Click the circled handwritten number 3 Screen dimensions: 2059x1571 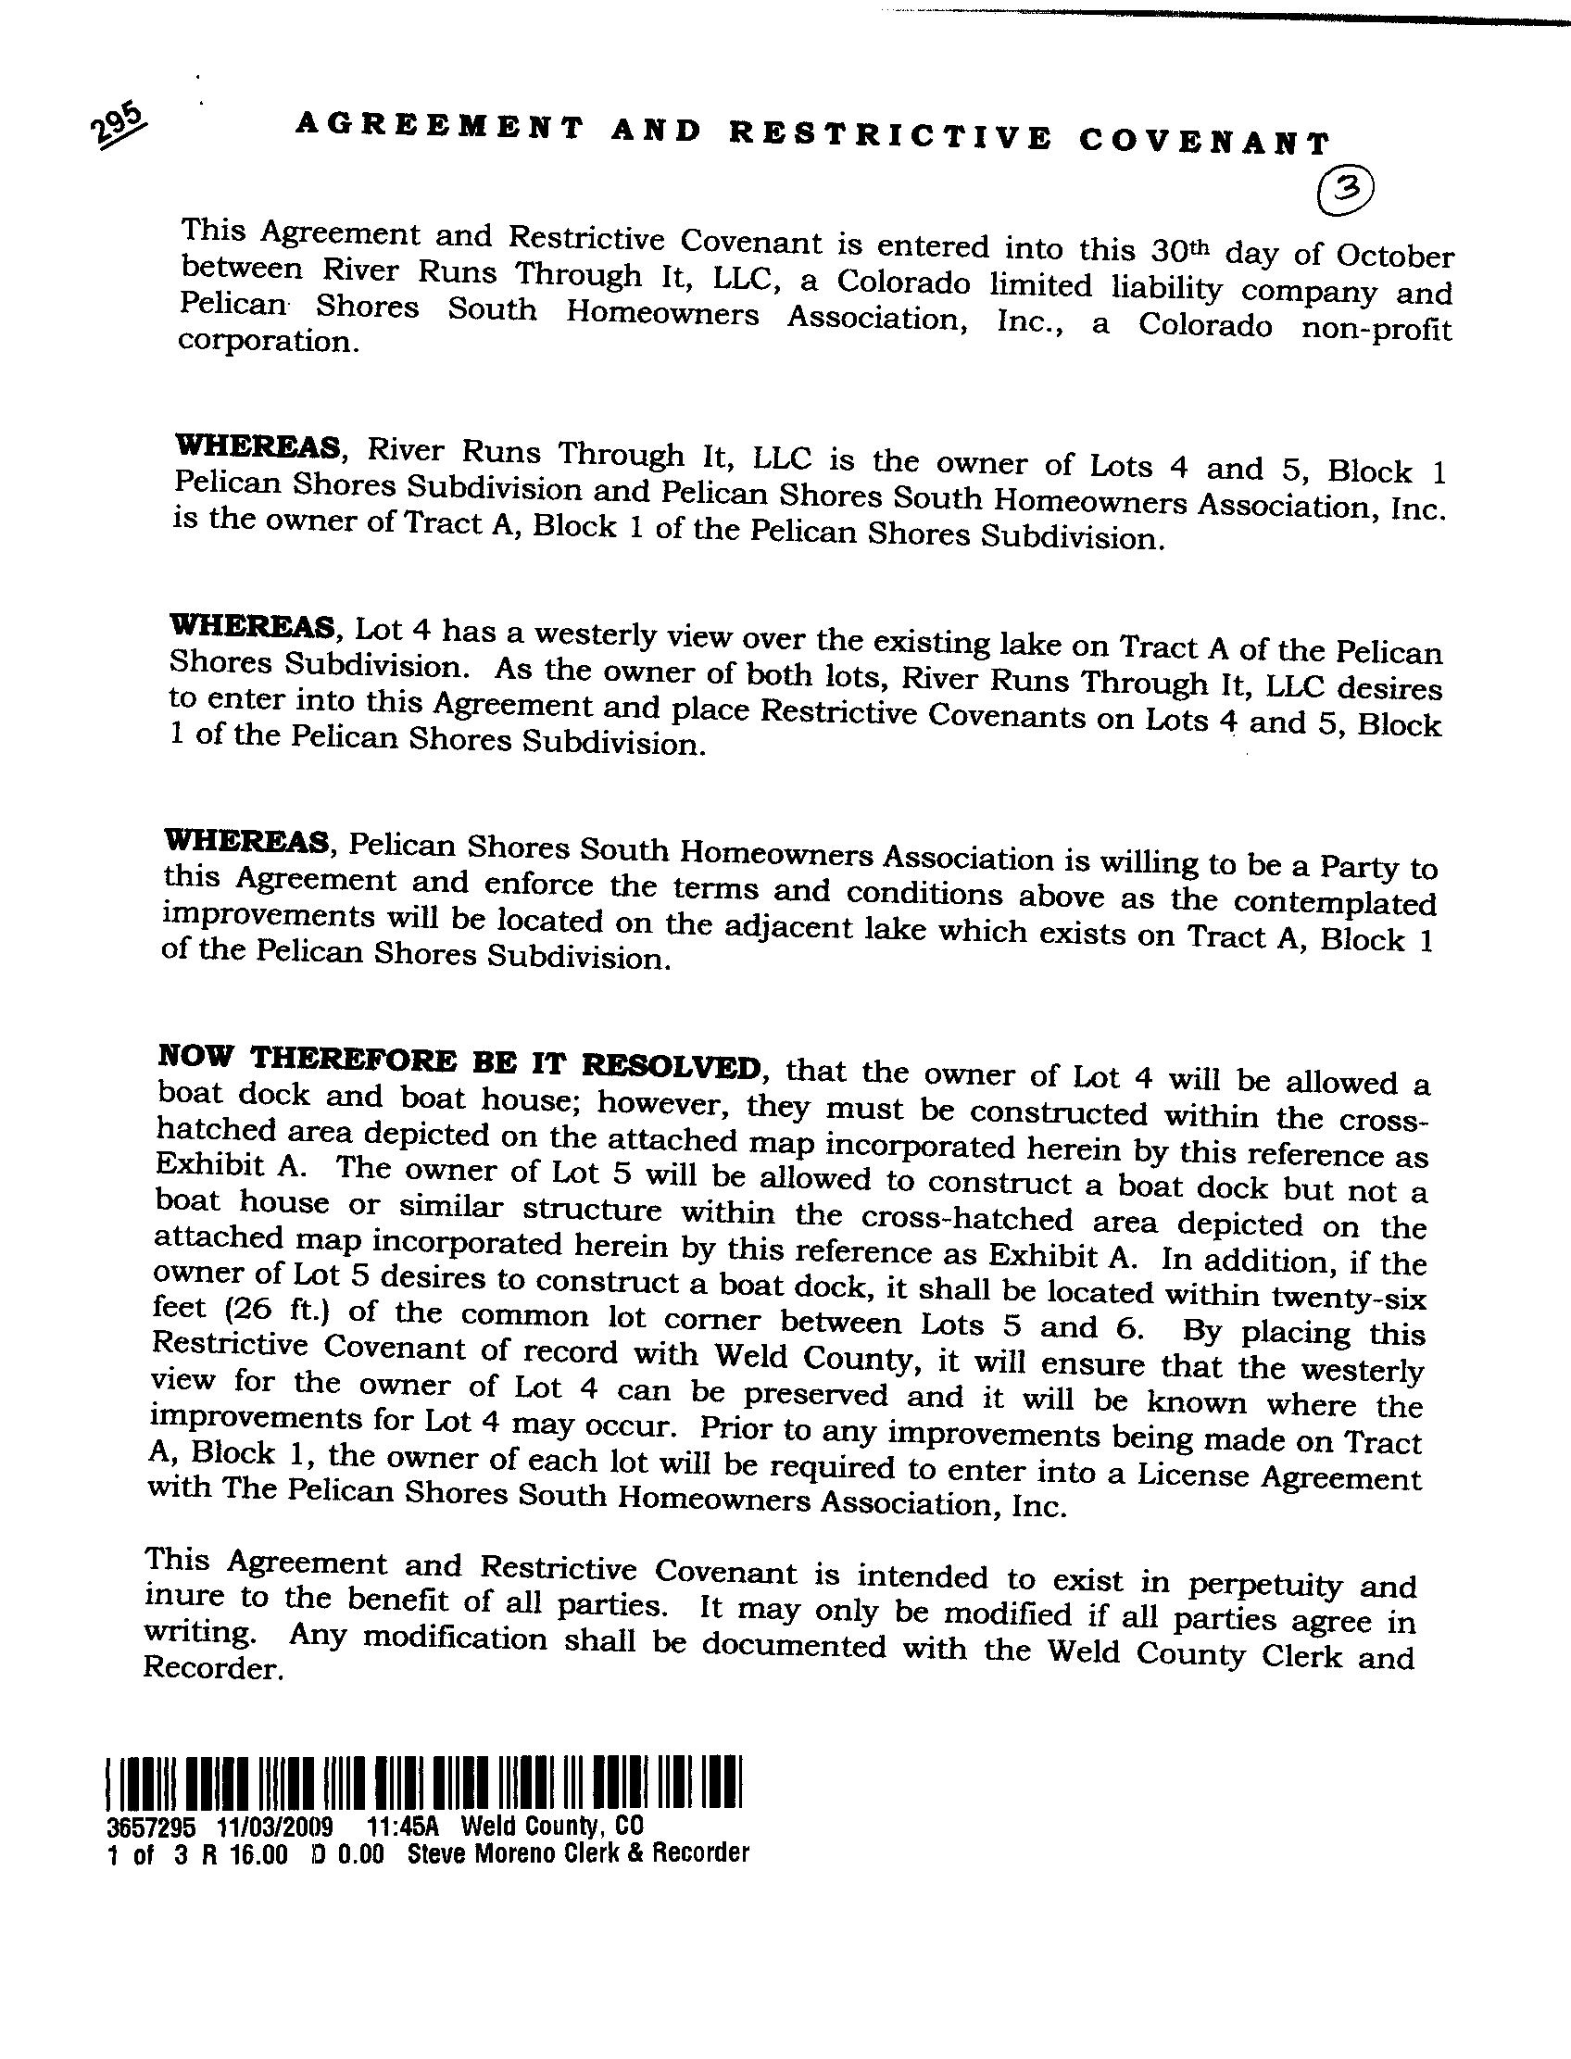click(1346, 191)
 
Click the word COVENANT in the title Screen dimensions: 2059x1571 click(1203, 141)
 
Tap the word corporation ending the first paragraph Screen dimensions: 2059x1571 click(268, 340)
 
